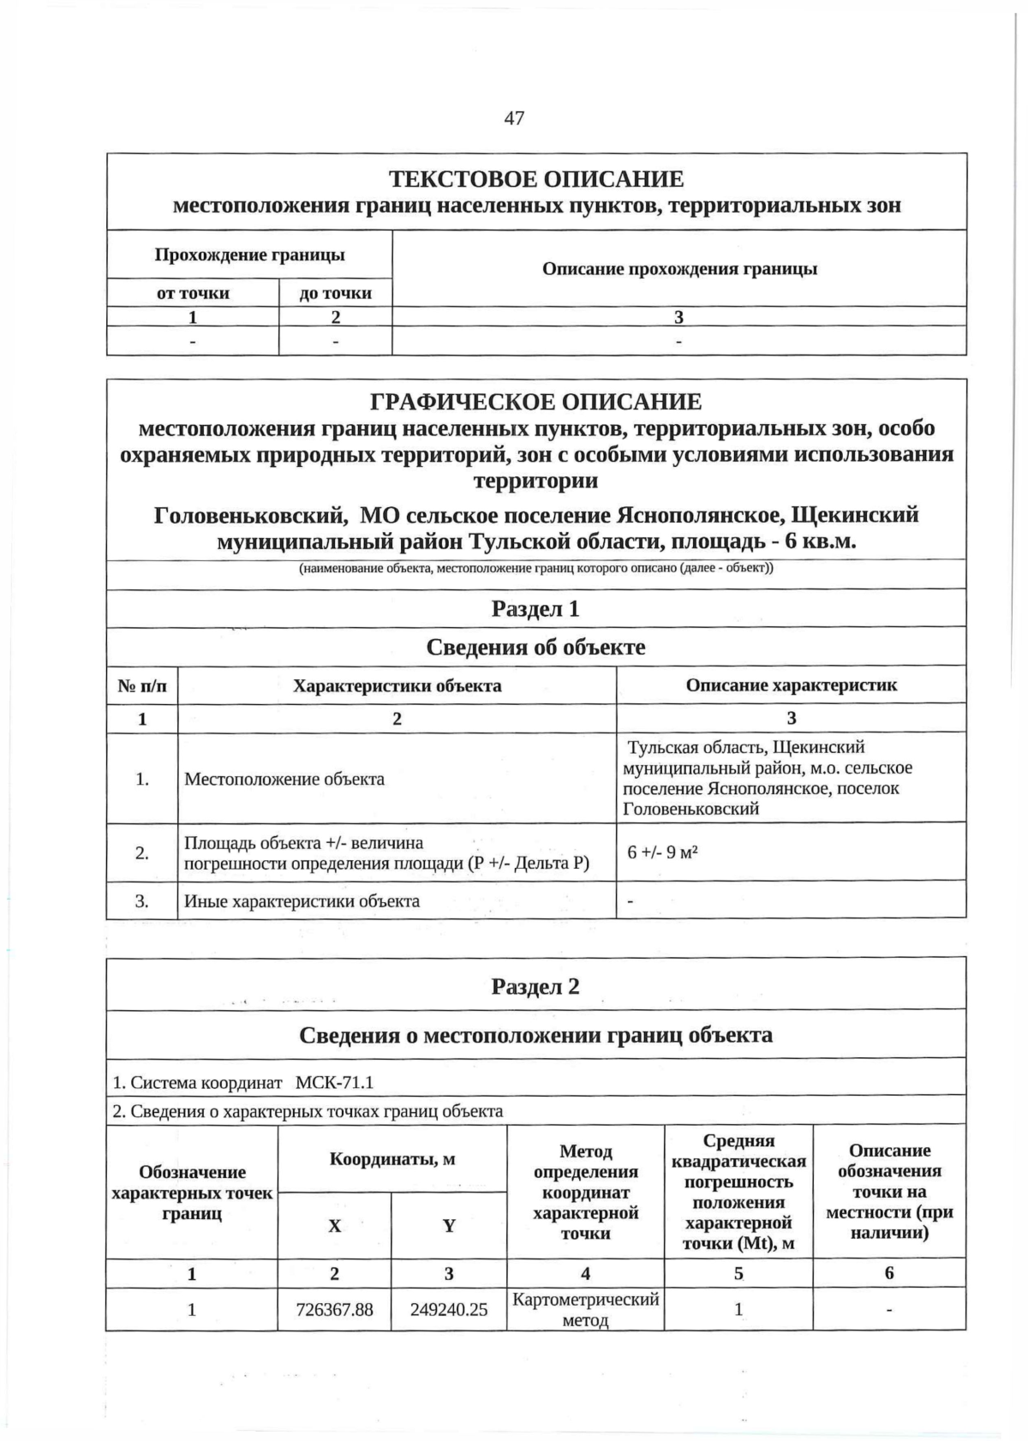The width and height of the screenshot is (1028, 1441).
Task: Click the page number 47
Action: pos(514,118)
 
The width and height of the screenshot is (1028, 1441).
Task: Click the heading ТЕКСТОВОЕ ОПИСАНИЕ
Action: pos(536,179)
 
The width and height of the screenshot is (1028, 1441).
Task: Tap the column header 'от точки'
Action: pos(193,293)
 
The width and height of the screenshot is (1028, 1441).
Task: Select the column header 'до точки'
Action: pos(335,293)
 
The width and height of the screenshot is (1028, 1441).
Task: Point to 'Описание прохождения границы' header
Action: pos(679,269)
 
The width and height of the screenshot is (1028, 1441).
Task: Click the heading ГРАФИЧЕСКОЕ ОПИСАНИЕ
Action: pos(536,401)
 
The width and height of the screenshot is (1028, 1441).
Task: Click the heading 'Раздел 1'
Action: pos(535,608)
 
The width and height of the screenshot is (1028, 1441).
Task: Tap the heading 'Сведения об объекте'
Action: pos(535,647)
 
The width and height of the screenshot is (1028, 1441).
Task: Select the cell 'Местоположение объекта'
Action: pos(284,779)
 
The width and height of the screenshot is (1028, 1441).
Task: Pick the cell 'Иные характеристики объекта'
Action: pos(302,900)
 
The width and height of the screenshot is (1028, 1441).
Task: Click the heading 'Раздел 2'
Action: pos(535,986)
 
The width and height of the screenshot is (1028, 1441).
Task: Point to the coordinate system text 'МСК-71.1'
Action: pos(334,1082)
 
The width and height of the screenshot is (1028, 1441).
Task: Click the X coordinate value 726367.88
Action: pos(334,1310)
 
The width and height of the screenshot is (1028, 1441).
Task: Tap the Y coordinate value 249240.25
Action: pos(449,1310)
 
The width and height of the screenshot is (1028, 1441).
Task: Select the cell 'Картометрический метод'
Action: pos(585,1309)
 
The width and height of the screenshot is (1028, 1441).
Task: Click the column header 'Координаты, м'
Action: pos(392,1159)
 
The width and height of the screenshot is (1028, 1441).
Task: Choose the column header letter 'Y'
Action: pos(449,1226)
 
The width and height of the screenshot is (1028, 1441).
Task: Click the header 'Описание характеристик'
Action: pos(791,685)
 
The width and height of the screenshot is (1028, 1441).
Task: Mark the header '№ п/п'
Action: pos(142,685)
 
